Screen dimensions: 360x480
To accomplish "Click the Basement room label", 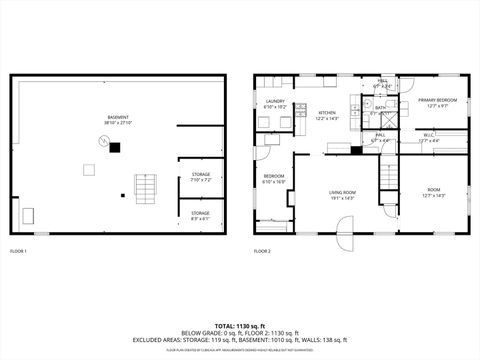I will coord(117,120).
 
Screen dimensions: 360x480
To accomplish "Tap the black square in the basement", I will coord(115,148).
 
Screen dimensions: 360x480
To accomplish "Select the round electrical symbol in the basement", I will coord(101,141).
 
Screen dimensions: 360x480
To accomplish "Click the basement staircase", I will coord(146,187).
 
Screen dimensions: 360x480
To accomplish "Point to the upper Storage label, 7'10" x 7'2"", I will coord(201,177).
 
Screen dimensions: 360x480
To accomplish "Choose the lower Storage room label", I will coord(201,215).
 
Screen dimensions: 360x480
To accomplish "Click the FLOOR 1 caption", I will coord(19,250).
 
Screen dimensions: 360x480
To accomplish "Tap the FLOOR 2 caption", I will coord(262,250).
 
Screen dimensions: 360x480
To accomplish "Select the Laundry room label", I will coord(275,103).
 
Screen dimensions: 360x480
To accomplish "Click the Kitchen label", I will coord(327,115).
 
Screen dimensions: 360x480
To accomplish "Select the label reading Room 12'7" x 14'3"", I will coord(433,191).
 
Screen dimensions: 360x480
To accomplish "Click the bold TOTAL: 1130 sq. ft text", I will coord(239,326).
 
